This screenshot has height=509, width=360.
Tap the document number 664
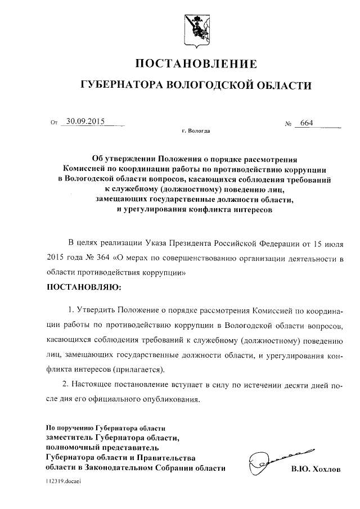pyautogui.click(x=307, y=123)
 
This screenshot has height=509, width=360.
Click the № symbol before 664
pyautogui.click(x=290, y=124)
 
